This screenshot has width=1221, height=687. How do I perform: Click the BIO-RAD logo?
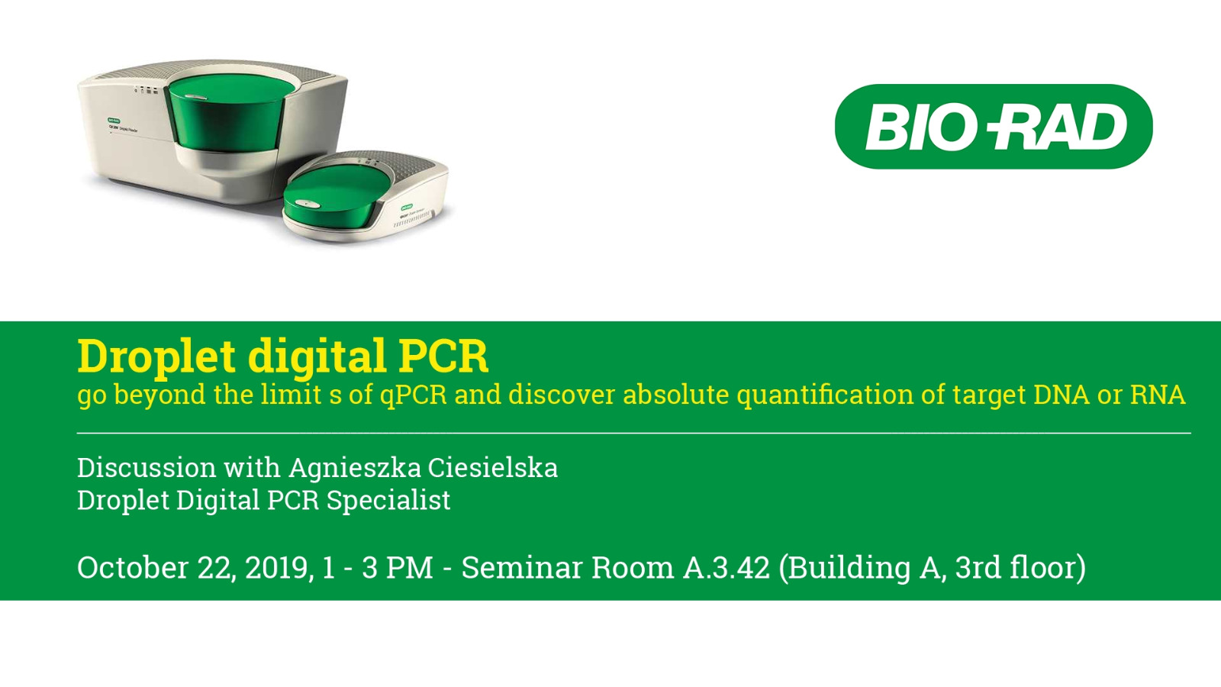[x=994, y=127]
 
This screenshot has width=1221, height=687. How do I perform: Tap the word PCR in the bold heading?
[x=443, y=356]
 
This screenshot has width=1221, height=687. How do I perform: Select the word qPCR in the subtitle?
[x=413, y=395]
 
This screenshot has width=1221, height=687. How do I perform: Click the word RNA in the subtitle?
[x=1158, y=394]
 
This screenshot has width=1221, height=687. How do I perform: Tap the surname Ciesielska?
[x=493, y=467]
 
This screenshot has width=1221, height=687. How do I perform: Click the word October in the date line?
[x=133, y=567]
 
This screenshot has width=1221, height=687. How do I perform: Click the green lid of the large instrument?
[x=226, y=114]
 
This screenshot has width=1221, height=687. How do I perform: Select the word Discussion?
[x=147, y=468]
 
